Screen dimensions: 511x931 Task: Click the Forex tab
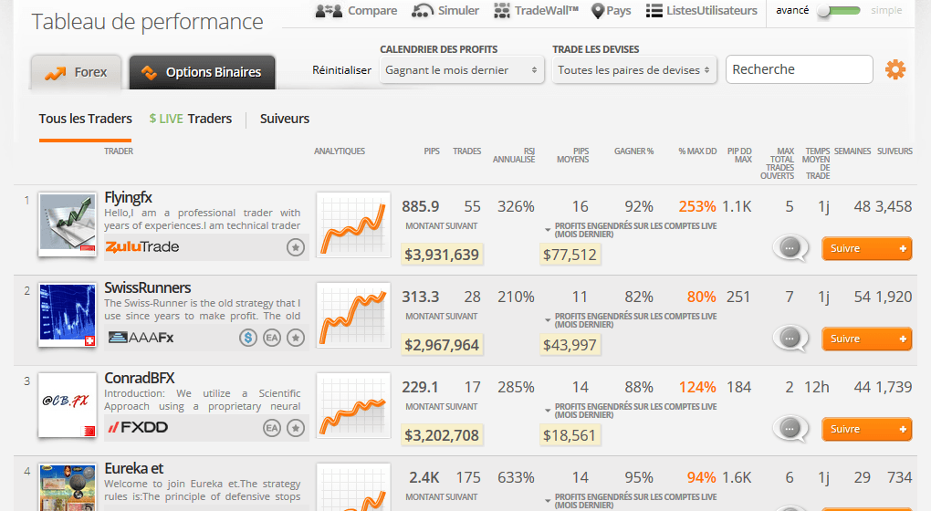point(77,72)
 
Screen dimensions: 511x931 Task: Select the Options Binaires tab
point(202,72)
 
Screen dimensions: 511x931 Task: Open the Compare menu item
point(356,11)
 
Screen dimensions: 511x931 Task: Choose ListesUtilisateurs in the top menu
point(701,11)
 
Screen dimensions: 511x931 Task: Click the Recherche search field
point(799,69)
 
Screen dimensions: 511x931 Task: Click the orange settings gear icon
point(895,69)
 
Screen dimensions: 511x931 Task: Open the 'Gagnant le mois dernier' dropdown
point(461,69)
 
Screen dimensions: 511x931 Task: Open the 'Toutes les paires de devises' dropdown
point(634,69)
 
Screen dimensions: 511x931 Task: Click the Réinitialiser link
point(341,70)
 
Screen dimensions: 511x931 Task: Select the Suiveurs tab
point(285,119)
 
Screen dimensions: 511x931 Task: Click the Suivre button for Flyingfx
point(866,247)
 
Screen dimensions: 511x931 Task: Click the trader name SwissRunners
point(148,287)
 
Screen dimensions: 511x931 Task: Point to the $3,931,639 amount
point(442,255)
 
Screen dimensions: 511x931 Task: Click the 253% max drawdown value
point(696,206)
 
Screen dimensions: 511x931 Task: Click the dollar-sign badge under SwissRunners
point(248,338)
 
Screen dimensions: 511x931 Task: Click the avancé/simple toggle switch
point(838,11)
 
